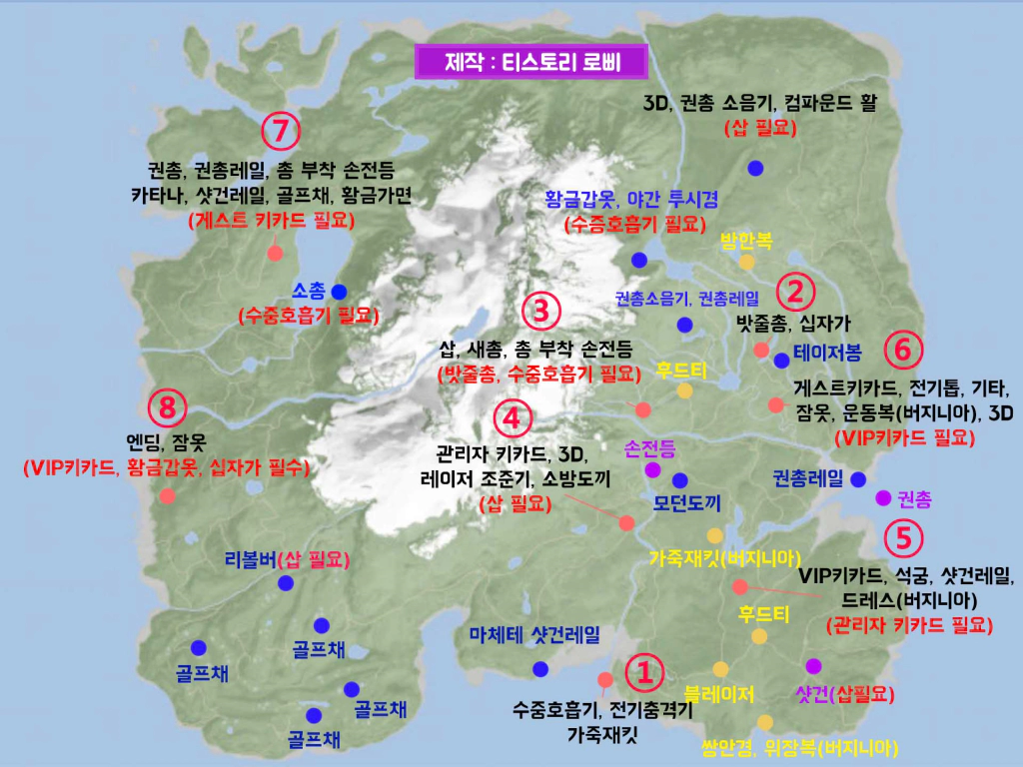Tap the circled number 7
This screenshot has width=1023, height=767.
pyautogui.click(x=281, y=131)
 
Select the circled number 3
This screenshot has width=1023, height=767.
pyautogui.click(x=540, y=311)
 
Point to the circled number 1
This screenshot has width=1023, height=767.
pyautogui.click(x=643, y=672)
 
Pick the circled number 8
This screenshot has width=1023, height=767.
pyautogui.click(x=167, y=407)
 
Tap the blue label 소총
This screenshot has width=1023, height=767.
pyautogui.click(x=309, y=292)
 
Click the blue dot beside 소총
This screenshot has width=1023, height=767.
pyautogui.click(x=339, y=292)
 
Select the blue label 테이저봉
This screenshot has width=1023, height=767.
pyautogui.click(x=827, y=352)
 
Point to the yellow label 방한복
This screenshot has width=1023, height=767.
pyautogui.click(x=746, y=240)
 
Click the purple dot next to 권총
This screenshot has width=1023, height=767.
pyautogui.click(x=882, y=497)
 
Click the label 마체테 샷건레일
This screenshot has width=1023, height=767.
pyautogui.click(x=535, y=634)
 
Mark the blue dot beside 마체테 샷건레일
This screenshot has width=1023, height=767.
pyautogui.click(x=540, y=668)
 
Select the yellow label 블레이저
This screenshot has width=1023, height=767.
pyautogui.click(x=719, y=692)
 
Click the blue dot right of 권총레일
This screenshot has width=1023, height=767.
pyautogui.click(x=857, y=478)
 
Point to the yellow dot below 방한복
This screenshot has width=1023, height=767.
pyautogui.click(x=746, y=263)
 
